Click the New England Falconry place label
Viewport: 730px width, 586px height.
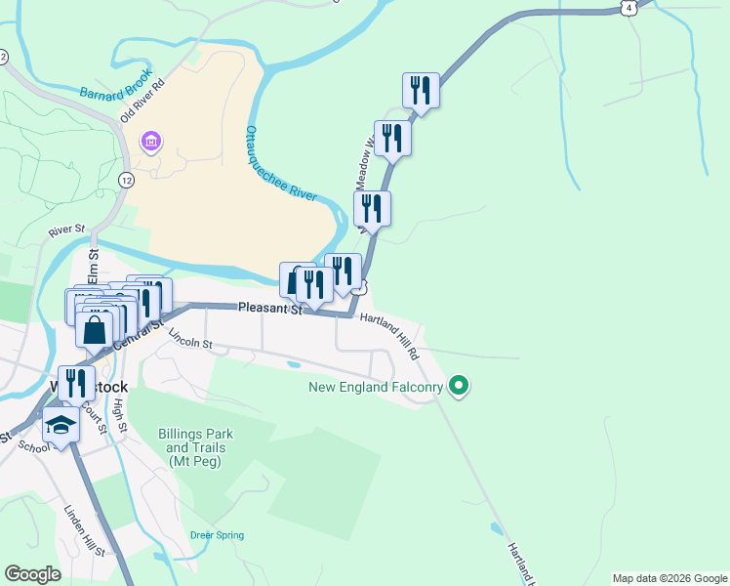[377, 388]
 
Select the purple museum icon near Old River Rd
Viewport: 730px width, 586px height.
[151, 144]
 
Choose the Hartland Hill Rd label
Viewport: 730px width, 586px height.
[388, 333]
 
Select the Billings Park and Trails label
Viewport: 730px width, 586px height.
[191, 447]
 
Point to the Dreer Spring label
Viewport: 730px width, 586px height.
[217, 535]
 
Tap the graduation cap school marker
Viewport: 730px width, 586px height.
[61, 426]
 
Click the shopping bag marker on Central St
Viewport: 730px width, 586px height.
[95, 330]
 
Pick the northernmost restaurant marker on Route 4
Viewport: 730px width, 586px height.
[421, 91]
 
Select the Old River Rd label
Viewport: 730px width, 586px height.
[142, 98]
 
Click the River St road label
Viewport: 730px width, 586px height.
[67, 232]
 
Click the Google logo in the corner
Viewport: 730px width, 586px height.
[33, 574]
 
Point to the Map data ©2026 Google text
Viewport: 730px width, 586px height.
[669, 578]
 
